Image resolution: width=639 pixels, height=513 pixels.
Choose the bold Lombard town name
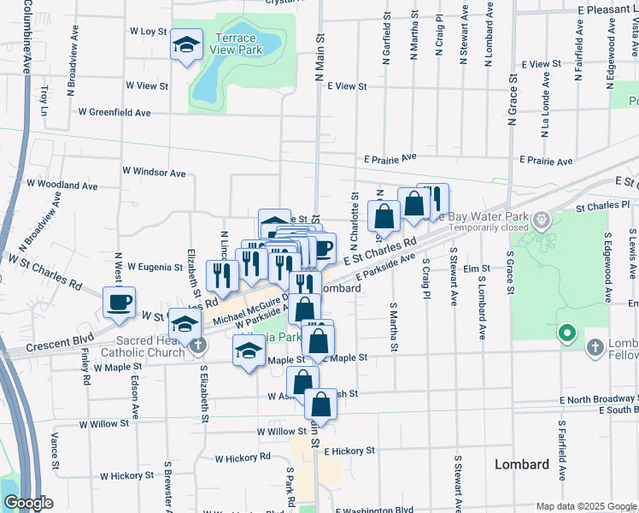(522, 464)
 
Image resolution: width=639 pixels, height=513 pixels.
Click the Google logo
(28, 503)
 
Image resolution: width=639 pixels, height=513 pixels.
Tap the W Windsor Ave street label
(154, 172)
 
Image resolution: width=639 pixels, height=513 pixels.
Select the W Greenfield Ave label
(114, 112)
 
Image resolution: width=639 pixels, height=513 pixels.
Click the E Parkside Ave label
(387, 262)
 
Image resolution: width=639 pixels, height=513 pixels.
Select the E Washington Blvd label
(375, 510)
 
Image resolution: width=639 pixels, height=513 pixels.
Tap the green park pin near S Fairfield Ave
(565, 333)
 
